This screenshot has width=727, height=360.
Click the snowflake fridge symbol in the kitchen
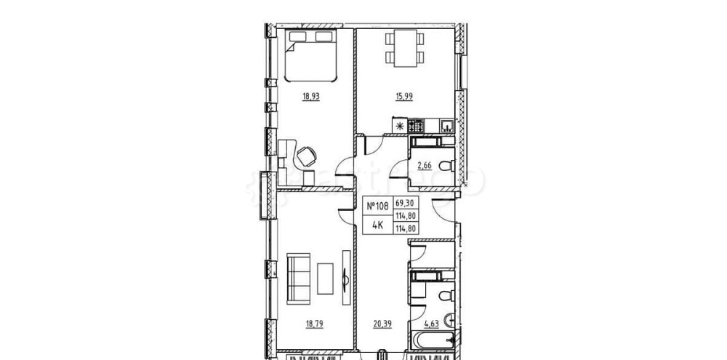pos(399,127)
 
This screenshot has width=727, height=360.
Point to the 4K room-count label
pos(378,224)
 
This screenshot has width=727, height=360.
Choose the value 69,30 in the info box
pos(403,204)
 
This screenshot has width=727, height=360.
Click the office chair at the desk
pos(305,154)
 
